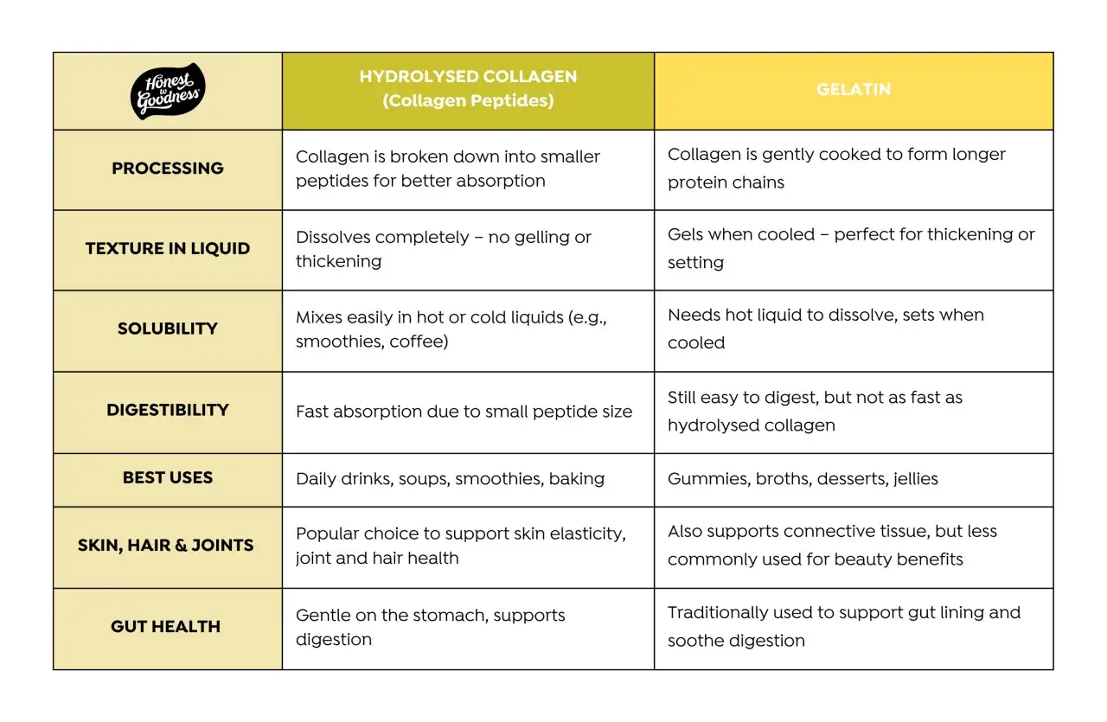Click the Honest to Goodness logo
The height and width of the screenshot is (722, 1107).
[x=168, y=91]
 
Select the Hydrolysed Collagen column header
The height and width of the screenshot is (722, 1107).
[x=468, y=88]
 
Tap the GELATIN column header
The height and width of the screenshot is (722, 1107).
[x=854, y=89]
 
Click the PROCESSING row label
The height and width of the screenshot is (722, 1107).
[x=168, y=168]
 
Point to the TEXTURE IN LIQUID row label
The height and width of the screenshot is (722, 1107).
[x=168, y=248]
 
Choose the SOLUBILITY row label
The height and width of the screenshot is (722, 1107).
[x=168, y=329]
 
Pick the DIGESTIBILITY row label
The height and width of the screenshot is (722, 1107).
[x=168, y=410]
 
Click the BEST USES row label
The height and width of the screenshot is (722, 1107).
[x=168, y=477]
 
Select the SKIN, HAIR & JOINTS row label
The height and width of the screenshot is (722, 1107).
[x=165, y=545]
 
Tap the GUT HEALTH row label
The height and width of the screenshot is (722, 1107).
[x=165, y=626]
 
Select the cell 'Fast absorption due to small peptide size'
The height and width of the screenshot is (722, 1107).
[x=464, y=412]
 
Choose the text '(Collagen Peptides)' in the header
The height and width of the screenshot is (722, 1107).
[x=468, y=100]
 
